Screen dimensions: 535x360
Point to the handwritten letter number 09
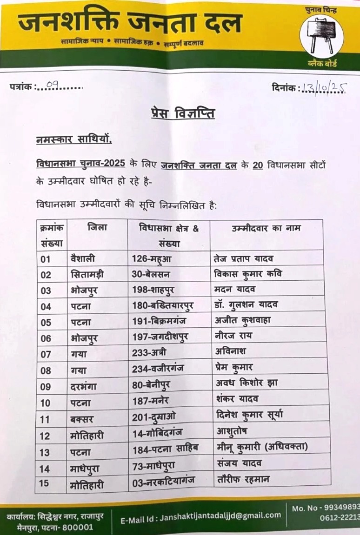[x=52, y=85]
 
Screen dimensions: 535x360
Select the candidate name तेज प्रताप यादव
[x=243, y=258]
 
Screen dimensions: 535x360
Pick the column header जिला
[x=97, y=228]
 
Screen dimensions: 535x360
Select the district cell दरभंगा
[x=84, y=385]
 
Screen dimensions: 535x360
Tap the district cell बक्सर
[x=80, y=419]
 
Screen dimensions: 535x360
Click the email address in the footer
[x=201, y=516]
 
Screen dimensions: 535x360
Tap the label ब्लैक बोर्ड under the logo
[x=322, y=64]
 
